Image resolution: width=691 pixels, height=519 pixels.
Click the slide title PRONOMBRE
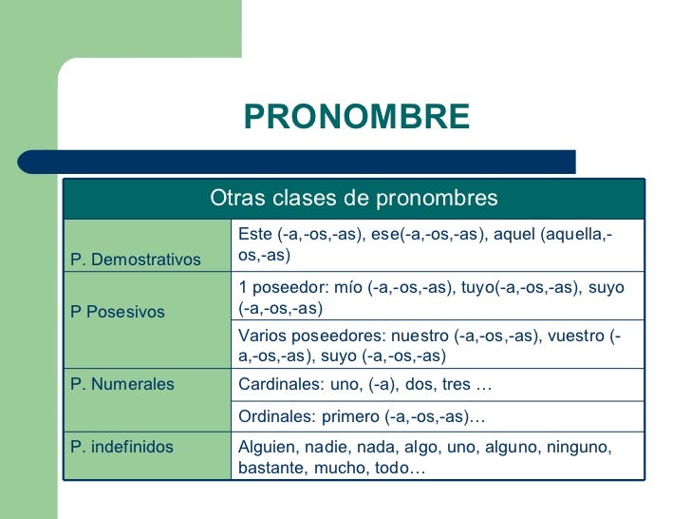(356, 117)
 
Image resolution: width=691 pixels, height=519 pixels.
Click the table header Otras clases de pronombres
(353, 198)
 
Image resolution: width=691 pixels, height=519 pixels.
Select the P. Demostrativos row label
(136, 259)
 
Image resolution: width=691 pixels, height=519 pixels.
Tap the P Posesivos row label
(118, 311)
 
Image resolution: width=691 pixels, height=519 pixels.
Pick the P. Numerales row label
(122, 384)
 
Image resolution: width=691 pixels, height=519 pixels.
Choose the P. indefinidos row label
(122, 446)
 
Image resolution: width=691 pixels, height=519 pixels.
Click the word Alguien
(267, 446)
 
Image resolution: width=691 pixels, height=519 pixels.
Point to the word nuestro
(418, 335)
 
